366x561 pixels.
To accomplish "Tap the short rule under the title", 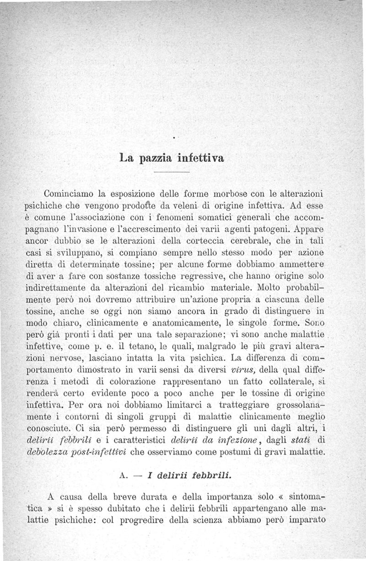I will point(172,172).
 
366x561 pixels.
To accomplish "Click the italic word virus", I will point(247,369).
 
